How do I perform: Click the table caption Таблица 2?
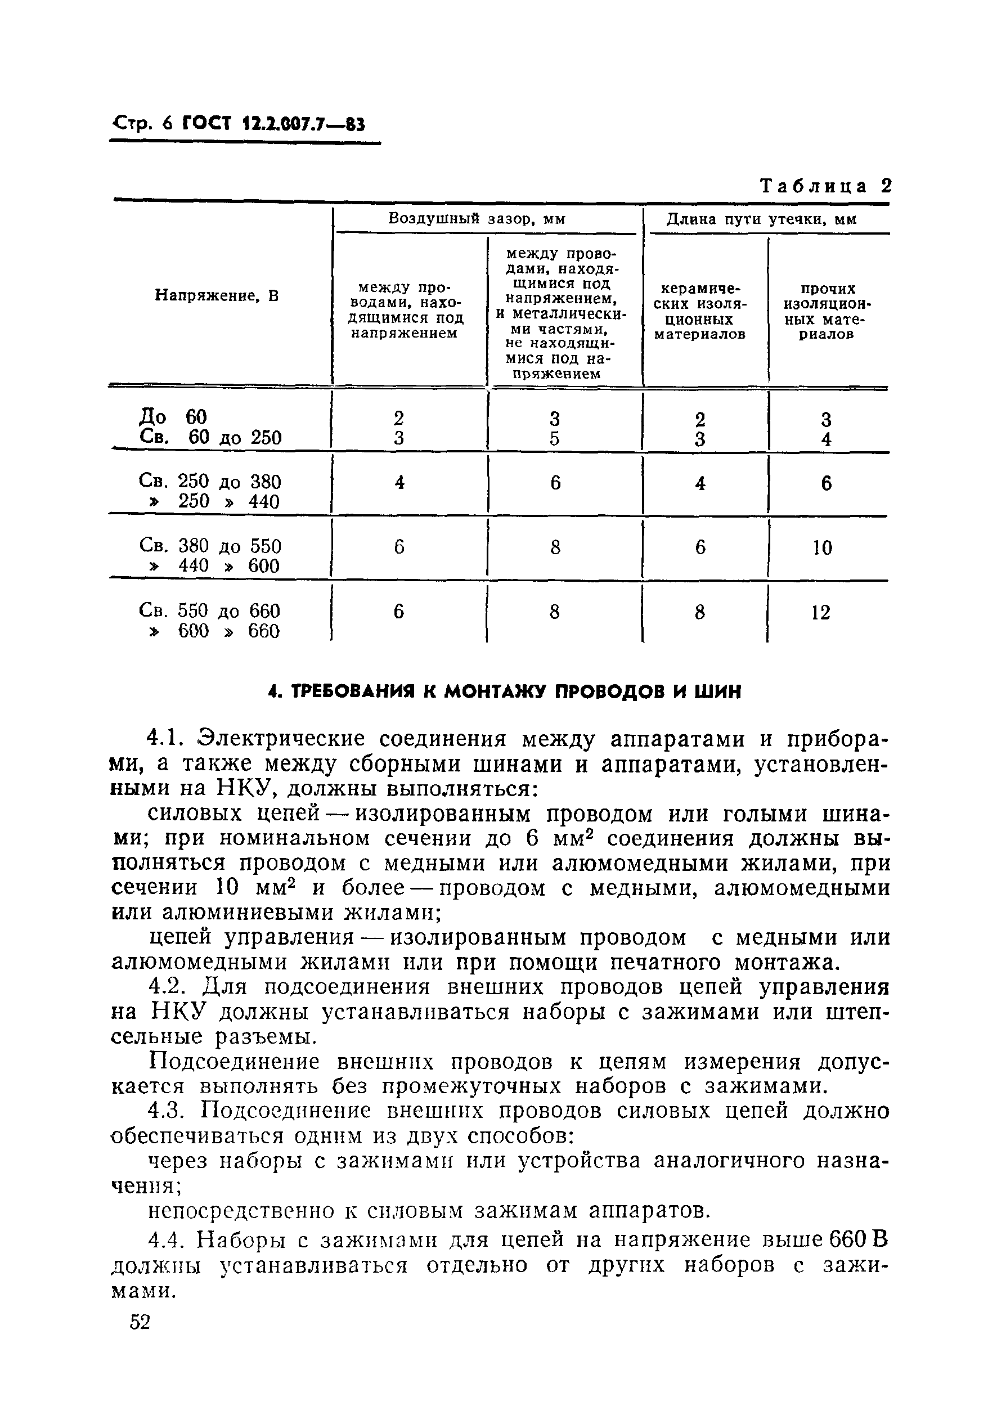825,186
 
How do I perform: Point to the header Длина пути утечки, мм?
761,219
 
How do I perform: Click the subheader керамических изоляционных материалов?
700,311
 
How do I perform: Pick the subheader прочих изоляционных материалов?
828,311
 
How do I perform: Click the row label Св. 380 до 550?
210,545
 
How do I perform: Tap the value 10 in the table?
822,547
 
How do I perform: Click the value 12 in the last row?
821,612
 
